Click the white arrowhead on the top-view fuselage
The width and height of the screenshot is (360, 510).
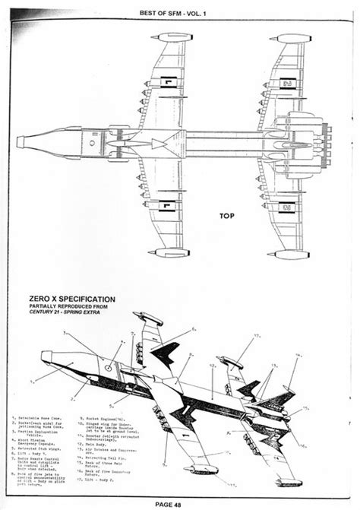point(156,143)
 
